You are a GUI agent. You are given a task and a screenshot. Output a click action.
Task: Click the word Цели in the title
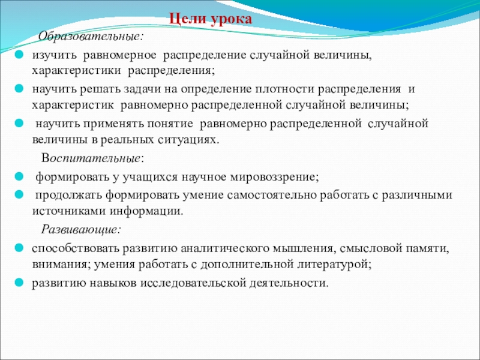187,19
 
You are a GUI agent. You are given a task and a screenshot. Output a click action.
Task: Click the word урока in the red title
232,20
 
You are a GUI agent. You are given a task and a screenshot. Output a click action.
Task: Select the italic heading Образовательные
91,37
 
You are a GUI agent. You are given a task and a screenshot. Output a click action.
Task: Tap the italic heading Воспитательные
92,158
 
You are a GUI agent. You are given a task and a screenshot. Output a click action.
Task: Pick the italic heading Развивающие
81,229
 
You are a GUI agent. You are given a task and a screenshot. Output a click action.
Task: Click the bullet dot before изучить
19,55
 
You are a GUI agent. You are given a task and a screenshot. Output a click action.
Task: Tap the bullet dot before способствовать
19,248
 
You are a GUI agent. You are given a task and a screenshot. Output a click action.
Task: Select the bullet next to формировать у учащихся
19,176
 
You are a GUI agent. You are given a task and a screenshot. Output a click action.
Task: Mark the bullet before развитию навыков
19,282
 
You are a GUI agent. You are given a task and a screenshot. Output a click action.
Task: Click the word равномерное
119,56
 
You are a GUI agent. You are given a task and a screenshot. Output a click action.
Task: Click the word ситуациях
189,140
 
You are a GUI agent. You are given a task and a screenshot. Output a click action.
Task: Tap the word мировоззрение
275,178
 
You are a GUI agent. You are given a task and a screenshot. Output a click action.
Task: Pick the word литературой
335,264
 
